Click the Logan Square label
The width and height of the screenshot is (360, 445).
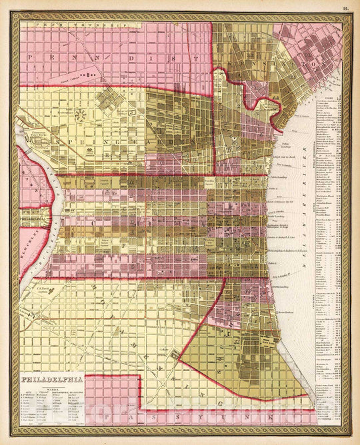point(110,180)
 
